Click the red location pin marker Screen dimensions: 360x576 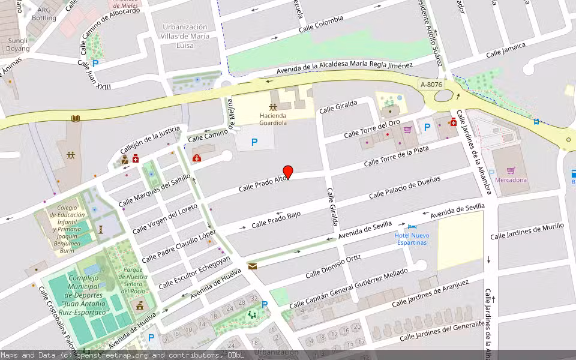tap(288, 172)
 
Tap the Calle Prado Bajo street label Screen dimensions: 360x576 tap(276, 220)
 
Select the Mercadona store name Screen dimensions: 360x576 tap(511, 179)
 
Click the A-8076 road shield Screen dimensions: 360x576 tap(431, 85)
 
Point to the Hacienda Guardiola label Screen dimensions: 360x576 tap(273, 119)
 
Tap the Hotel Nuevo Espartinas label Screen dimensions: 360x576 tap(412, 239)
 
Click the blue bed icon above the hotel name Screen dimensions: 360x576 tap(412, 226)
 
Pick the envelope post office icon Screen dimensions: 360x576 tap(252, 266)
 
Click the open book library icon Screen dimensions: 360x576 tap(75, 119)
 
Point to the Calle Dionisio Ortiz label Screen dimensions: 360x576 tap(333, 267)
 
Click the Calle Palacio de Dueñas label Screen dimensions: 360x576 tap(404, 187)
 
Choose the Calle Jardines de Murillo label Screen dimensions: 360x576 tap(527, 231)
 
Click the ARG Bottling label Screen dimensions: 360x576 tap(44, 14)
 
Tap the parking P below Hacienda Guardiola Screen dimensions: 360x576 tap(254, 142)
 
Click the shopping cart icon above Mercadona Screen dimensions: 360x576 tap(511, 170)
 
